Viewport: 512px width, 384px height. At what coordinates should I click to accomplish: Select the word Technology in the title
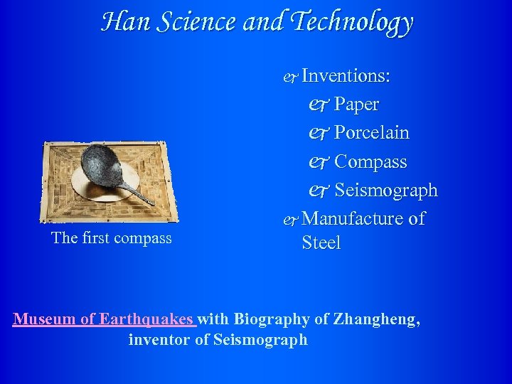pyautogui.click(x=353, y=22)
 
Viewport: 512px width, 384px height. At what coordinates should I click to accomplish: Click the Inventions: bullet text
pyautogui.click(x=349, y=75)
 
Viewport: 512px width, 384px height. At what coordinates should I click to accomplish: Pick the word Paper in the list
pyautogui.click(x=356, y=105)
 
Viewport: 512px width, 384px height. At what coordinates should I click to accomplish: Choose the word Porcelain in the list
pyautogui.click(x=371, y=133)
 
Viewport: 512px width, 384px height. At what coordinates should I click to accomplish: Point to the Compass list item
pyautogui.click(x=370, y=162)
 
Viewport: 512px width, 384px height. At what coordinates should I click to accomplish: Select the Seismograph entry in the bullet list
pyautogui.click(x=385, y=191)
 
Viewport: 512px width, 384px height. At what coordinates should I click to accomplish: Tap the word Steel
pyautogui.click(x=321, y=242)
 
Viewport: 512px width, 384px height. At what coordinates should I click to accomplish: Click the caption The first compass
pyautogui.click(x=112, y=238)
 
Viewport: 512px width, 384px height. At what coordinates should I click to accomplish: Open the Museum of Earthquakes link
pyautogui.click(x=104, y=319)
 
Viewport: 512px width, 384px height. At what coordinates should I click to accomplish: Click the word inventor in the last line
pyautogui.click(x=160, y=340)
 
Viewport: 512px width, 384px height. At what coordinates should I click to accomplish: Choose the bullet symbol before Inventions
pyautogui.click(x=290, y=76)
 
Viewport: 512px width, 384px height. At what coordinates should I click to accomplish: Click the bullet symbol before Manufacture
pyautogui.click(x=290, y=219)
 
